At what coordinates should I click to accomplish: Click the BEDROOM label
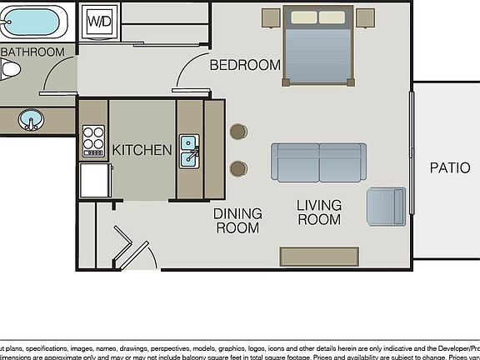(245, 65)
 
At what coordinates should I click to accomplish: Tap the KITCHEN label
(142, 151)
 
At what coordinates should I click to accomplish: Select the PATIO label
(449, 167)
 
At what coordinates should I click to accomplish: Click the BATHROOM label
(32, 52)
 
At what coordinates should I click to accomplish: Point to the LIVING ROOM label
(319, 212)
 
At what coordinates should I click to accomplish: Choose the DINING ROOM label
(237, 220)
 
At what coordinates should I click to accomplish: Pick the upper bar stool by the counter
(238, 132)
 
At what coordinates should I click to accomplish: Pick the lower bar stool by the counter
(238, 168)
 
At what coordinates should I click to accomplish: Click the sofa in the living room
(318, 162)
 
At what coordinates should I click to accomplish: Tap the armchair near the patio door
(386, 206)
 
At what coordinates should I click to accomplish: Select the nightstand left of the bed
(271, 18)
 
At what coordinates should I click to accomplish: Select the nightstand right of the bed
(365, 18)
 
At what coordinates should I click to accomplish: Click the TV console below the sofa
(319, 256)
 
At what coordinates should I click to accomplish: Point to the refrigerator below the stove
(95, 179)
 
